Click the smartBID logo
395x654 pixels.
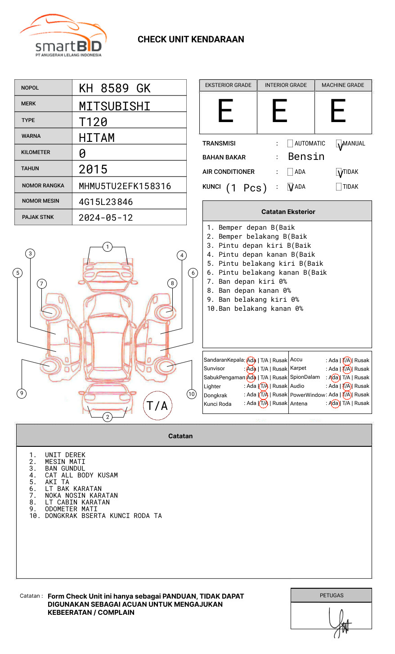pyautogui.click(x=63, y=36)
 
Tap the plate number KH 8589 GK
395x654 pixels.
pyautogui.click(x=115, y=88)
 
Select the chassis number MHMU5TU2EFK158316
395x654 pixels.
pyautogui.click(x=125, y=186)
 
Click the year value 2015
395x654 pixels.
pyautogui.click(x=93, y=169)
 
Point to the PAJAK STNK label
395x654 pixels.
pyautogui.click(x=38, y=217)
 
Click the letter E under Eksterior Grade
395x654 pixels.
pyautogui.click(x=225, y=111)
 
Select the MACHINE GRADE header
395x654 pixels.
pyautogui.click(x=343, y=85)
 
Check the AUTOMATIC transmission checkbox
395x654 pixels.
pyautogui.click(x=290, y=144)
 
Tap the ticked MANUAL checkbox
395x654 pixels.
pyautogui.click(x=339, y=144)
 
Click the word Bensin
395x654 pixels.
pyautogui.click(x=306, y=157)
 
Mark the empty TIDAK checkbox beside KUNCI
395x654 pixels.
pyautogui.click(x=339, y=187)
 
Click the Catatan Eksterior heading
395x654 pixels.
pyautogui.click(x=288, y=212)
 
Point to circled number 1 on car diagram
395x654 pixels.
pyautogui.click(x=107, y=247)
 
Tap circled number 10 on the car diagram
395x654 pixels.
pyautogui.click(x=192, y=394)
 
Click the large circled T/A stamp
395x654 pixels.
pyautogui.click(x=157, y=405)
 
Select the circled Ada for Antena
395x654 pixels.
pyautogui.click(x=334, y=404)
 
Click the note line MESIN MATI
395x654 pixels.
pyautogui.click(x=65, y=462)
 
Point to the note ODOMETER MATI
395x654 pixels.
pyautogui.click(x=71, y=509)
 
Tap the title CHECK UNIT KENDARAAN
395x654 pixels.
pyautogui.click(x=191, y=40)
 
